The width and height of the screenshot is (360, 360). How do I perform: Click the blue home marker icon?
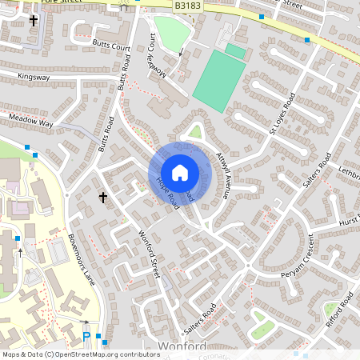tap(180, 173)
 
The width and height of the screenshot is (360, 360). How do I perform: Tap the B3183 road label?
tap(188, 6)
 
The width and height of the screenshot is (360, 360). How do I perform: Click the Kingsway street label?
tap(34, 78)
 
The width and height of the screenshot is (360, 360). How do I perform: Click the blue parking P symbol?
tap(86, 337)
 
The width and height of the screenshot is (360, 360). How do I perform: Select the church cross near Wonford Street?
tap(102, 196)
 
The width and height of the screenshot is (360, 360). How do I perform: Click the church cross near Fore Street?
tap(34, 20)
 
